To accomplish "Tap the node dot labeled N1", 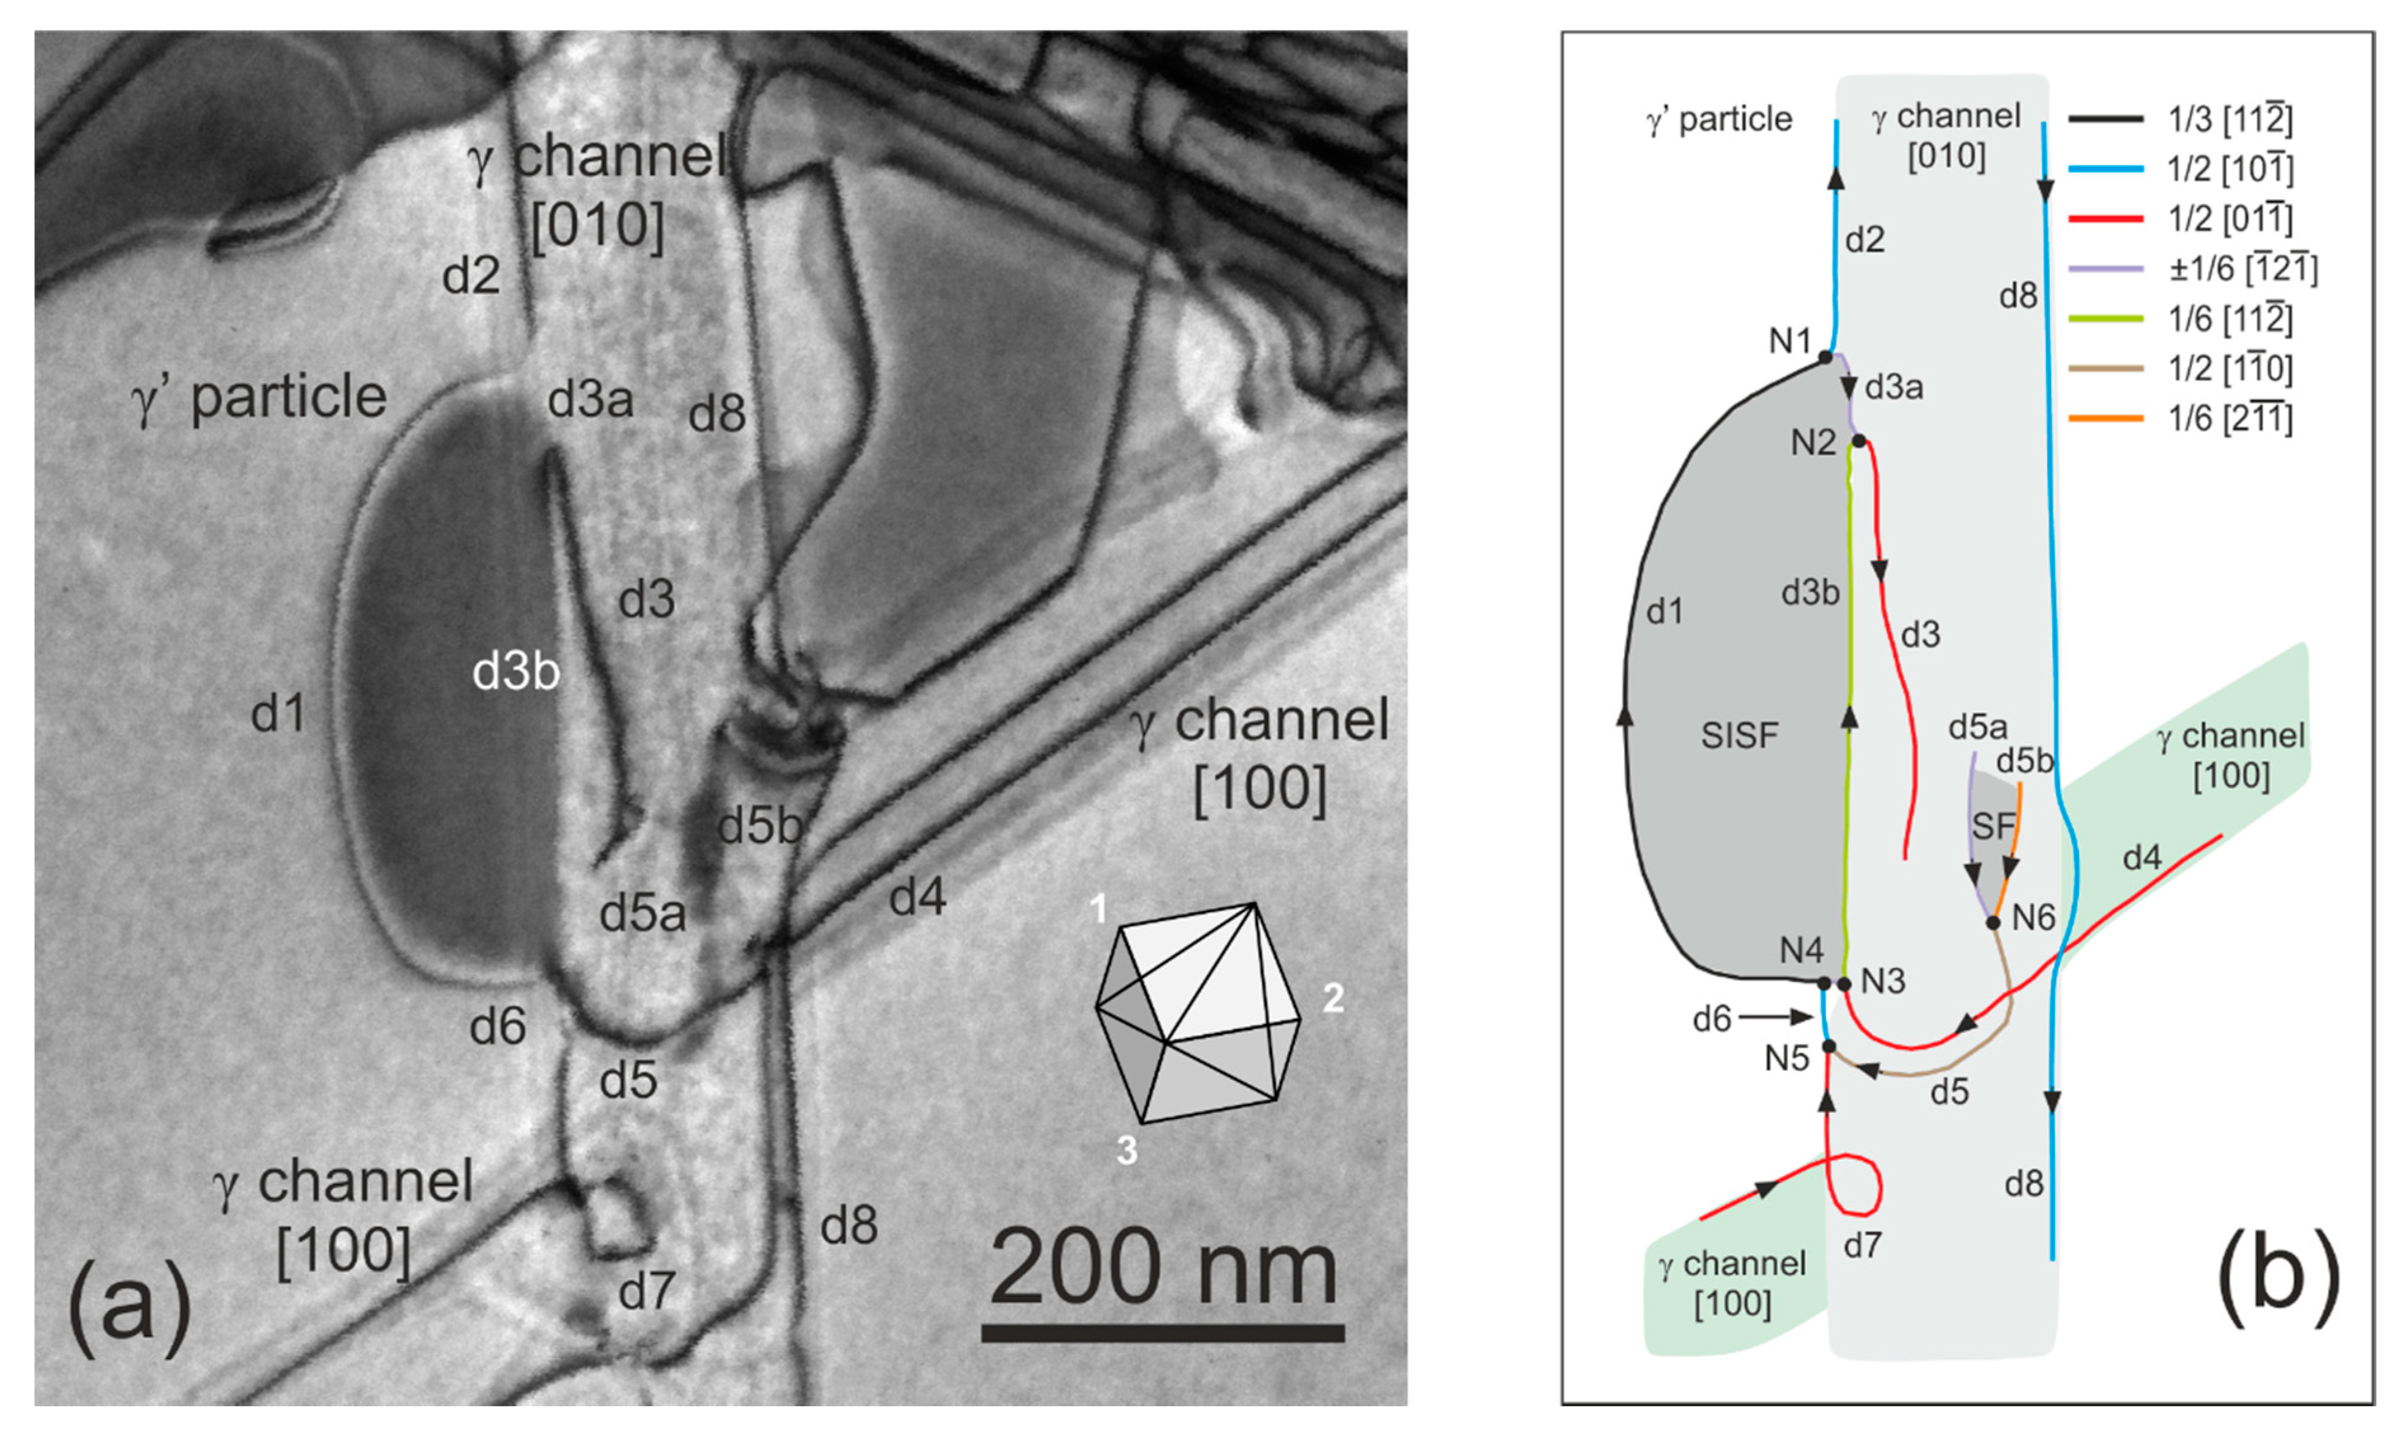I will (1824, 357).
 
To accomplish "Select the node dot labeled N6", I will (1993, 923).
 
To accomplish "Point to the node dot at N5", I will (1828, 1046).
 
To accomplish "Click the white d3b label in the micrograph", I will (516, 671).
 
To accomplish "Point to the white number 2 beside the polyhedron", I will (1333, 997).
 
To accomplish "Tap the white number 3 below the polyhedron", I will (1126, 1150).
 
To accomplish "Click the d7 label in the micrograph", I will (646, 1290).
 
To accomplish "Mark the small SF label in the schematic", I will (1993, 826).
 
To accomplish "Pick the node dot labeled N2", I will (1858, 441).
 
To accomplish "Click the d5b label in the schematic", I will (2025, 761).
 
